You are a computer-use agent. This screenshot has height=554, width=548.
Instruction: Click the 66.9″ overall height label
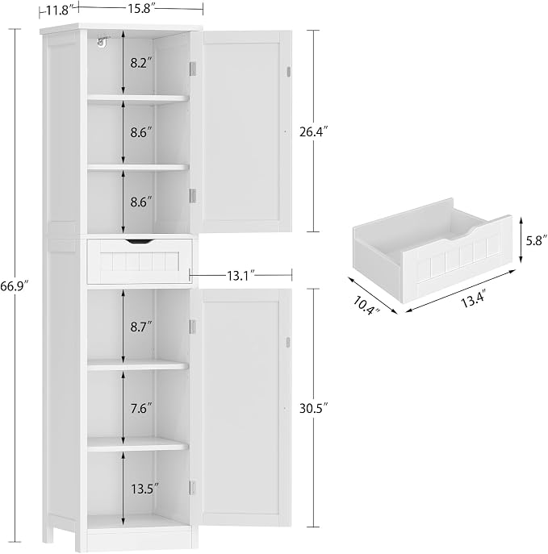[14, 285]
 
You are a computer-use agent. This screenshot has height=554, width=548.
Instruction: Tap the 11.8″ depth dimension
[59, 10]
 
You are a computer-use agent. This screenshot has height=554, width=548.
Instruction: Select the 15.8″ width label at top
[140, 9]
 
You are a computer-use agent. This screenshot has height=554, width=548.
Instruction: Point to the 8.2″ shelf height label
[140, 63]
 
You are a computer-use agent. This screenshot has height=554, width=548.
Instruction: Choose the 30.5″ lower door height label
[314, 408]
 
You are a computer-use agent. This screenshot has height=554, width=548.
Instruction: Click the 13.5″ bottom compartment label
[144, 489]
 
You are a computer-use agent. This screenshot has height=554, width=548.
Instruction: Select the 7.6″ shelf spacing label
[140, 408]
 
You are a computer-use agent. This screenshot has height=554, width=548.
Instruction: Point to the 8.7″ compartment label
[140, 327]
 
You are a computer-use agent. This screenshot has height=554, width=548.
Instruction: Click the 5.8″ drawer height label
[536, 240]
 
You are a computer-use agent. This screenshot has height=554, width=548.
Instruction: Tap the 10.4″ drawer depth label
[366, 306]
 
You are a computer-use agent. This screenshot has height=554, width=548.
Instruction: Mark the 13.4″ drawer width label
[472, 300]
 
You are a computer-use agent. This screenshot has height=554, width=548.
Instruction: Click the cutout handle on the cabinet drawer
[140, 241]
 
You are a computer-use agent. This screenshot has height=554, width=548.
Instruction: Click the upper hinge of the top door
[193, 69]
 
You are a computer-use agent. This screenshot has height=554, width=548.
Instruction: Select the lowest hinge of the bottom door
[193, 487]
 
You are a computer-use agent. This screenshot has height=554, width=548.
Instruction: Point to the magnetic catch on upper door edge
[288, 71]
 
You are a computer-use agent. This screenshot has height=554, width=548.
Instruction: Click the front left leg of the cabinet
[81, 539]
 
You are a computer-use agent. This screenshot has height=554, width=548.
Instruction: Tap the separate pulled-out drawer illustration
[433, 249]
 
